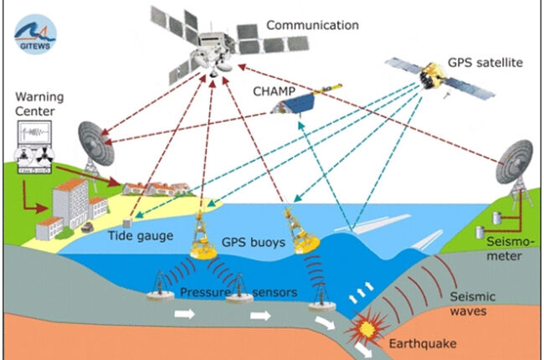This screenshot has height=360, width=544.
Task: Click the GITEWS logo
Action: click(x=35, y=34)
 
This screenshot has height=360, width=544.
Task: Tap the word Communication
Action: click(x=313, y=25)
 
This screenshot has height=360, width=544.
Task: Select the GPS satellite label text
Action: click(x=485, y=63)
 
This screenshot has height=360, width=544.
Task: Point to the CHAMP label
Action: click(x=274, y=91)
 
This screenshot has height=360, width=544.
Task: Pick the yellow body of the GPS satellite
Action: click(x=431, y=75)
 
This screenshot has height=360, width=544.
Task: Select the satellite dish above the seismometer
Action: click(x=514, y=162)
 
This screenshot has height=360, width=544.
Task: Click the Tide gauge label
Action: click(x=141, y=236)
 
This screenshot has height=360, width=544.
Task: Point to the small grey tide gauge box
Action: click(x=128, y=223)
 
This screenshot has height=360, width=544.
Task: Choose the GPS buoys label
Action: click(x=254, y=242)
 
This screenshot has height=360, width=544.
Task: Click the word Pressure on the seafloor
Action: click(x=205, y=292)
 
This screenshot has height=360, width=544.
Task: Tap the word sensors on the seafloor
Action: click(x=275, y=293)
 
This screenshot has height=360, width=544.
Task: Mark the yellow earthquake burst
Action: click(x=367, y=327)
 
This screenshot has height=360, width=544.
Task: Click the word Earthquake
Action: click(x=423, y=344)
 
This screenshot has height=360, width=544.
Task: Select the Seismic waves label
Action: click(x=473, y=304)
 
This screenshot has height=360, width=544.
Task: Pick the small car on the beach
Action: click(x=87, y=227)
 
